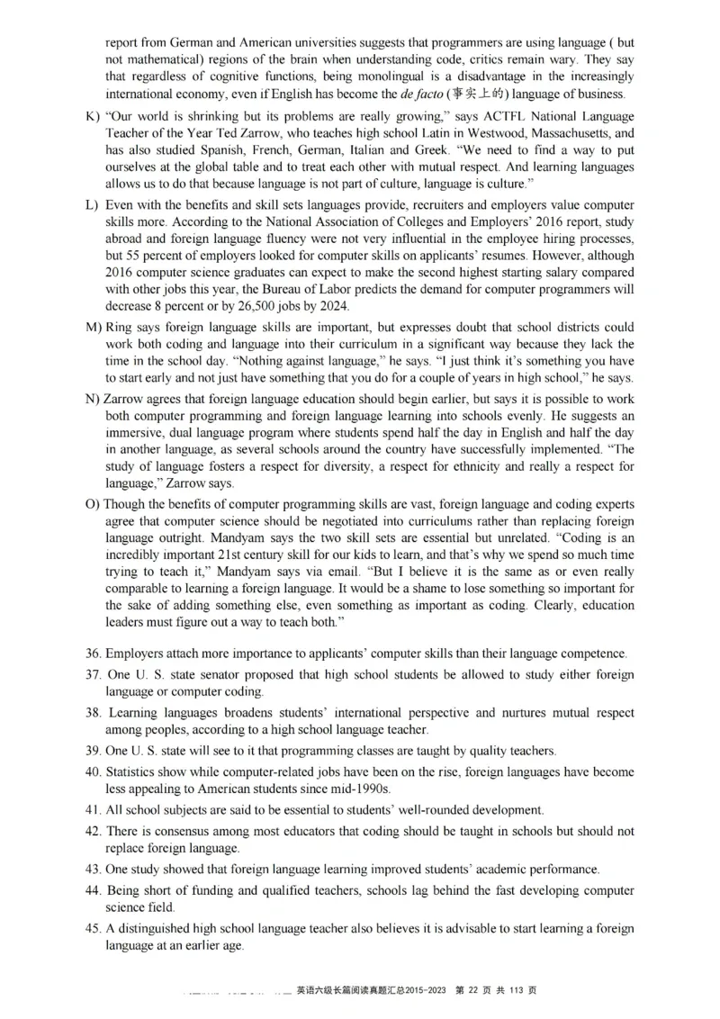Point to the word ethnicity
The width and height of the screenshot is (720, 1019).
click(x=459, y=466)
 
